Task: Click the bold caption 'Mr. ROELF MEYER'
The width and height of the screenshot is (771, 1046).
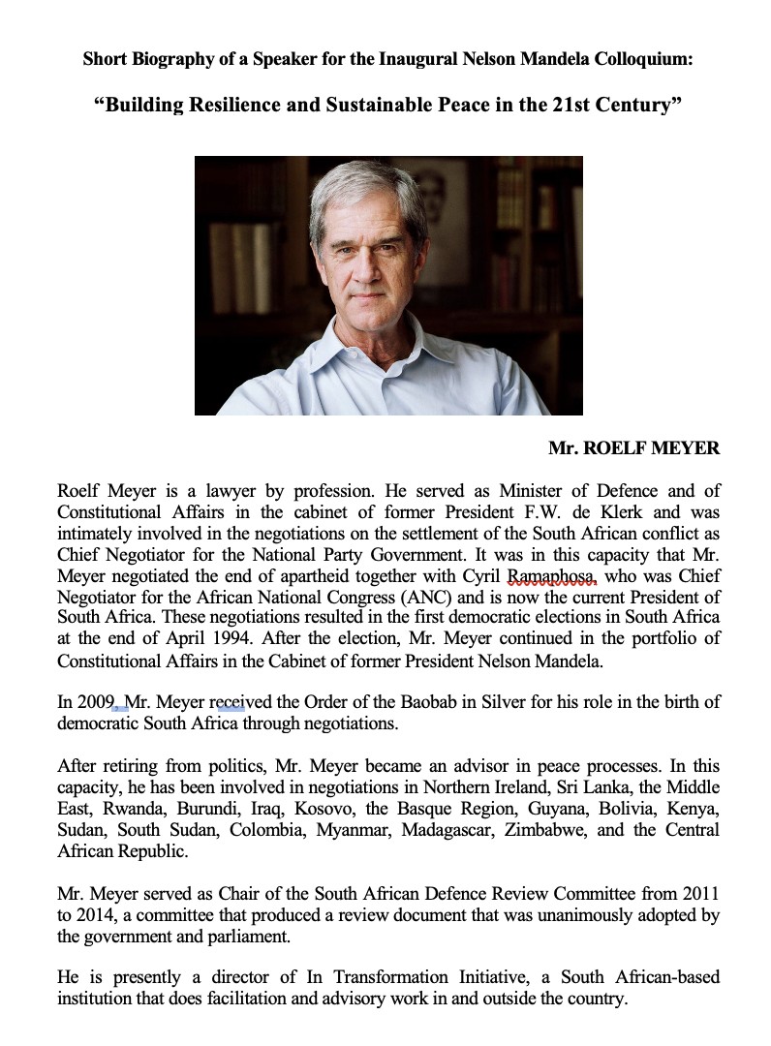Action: coord(633,448)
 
